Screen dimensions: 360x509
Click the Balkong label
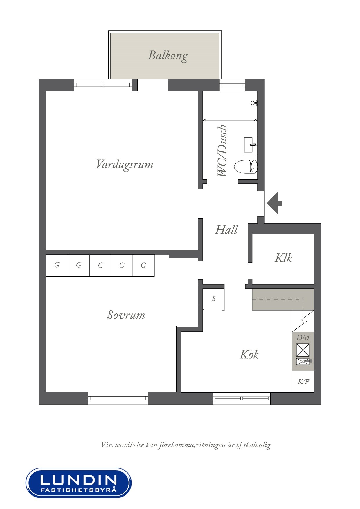coord(168,55)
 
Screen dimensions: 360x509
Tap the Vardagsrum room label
coord(125,164)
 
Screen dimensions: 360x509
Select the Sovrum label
coord(126,315)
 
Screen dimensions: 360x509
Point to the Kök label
coord(249,354)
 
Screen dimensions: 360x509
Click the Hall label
coord(226,230)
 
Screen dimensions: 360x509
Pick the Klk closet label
coord(283,258)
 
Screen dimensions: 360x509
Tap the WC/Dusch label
coord(222,151)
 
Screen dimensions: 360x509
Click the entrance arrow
coord(274,203)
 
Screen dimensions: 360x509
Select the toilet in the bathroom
coord(246,167)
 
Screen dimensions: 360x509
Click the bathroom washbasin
coord(249,145)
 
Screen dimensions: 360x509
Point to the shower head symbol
coord(254,103)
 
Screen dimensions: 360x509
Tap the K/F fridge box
coord(303,382)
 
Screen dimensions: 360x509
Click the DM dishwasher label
coord(303,337)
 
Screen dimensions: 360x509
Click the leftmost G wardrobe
coord(57,266)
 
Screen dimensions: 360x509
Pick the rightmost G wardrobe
coord(144,266)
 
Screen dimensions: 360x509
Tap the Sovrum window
coord(118,398)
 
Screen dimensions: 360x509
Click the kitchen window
coord(242,398)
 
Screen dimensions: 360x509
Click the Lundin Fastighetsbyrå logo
coord(79,483)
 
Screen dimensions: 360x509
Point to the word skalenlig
coord(257,445)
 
